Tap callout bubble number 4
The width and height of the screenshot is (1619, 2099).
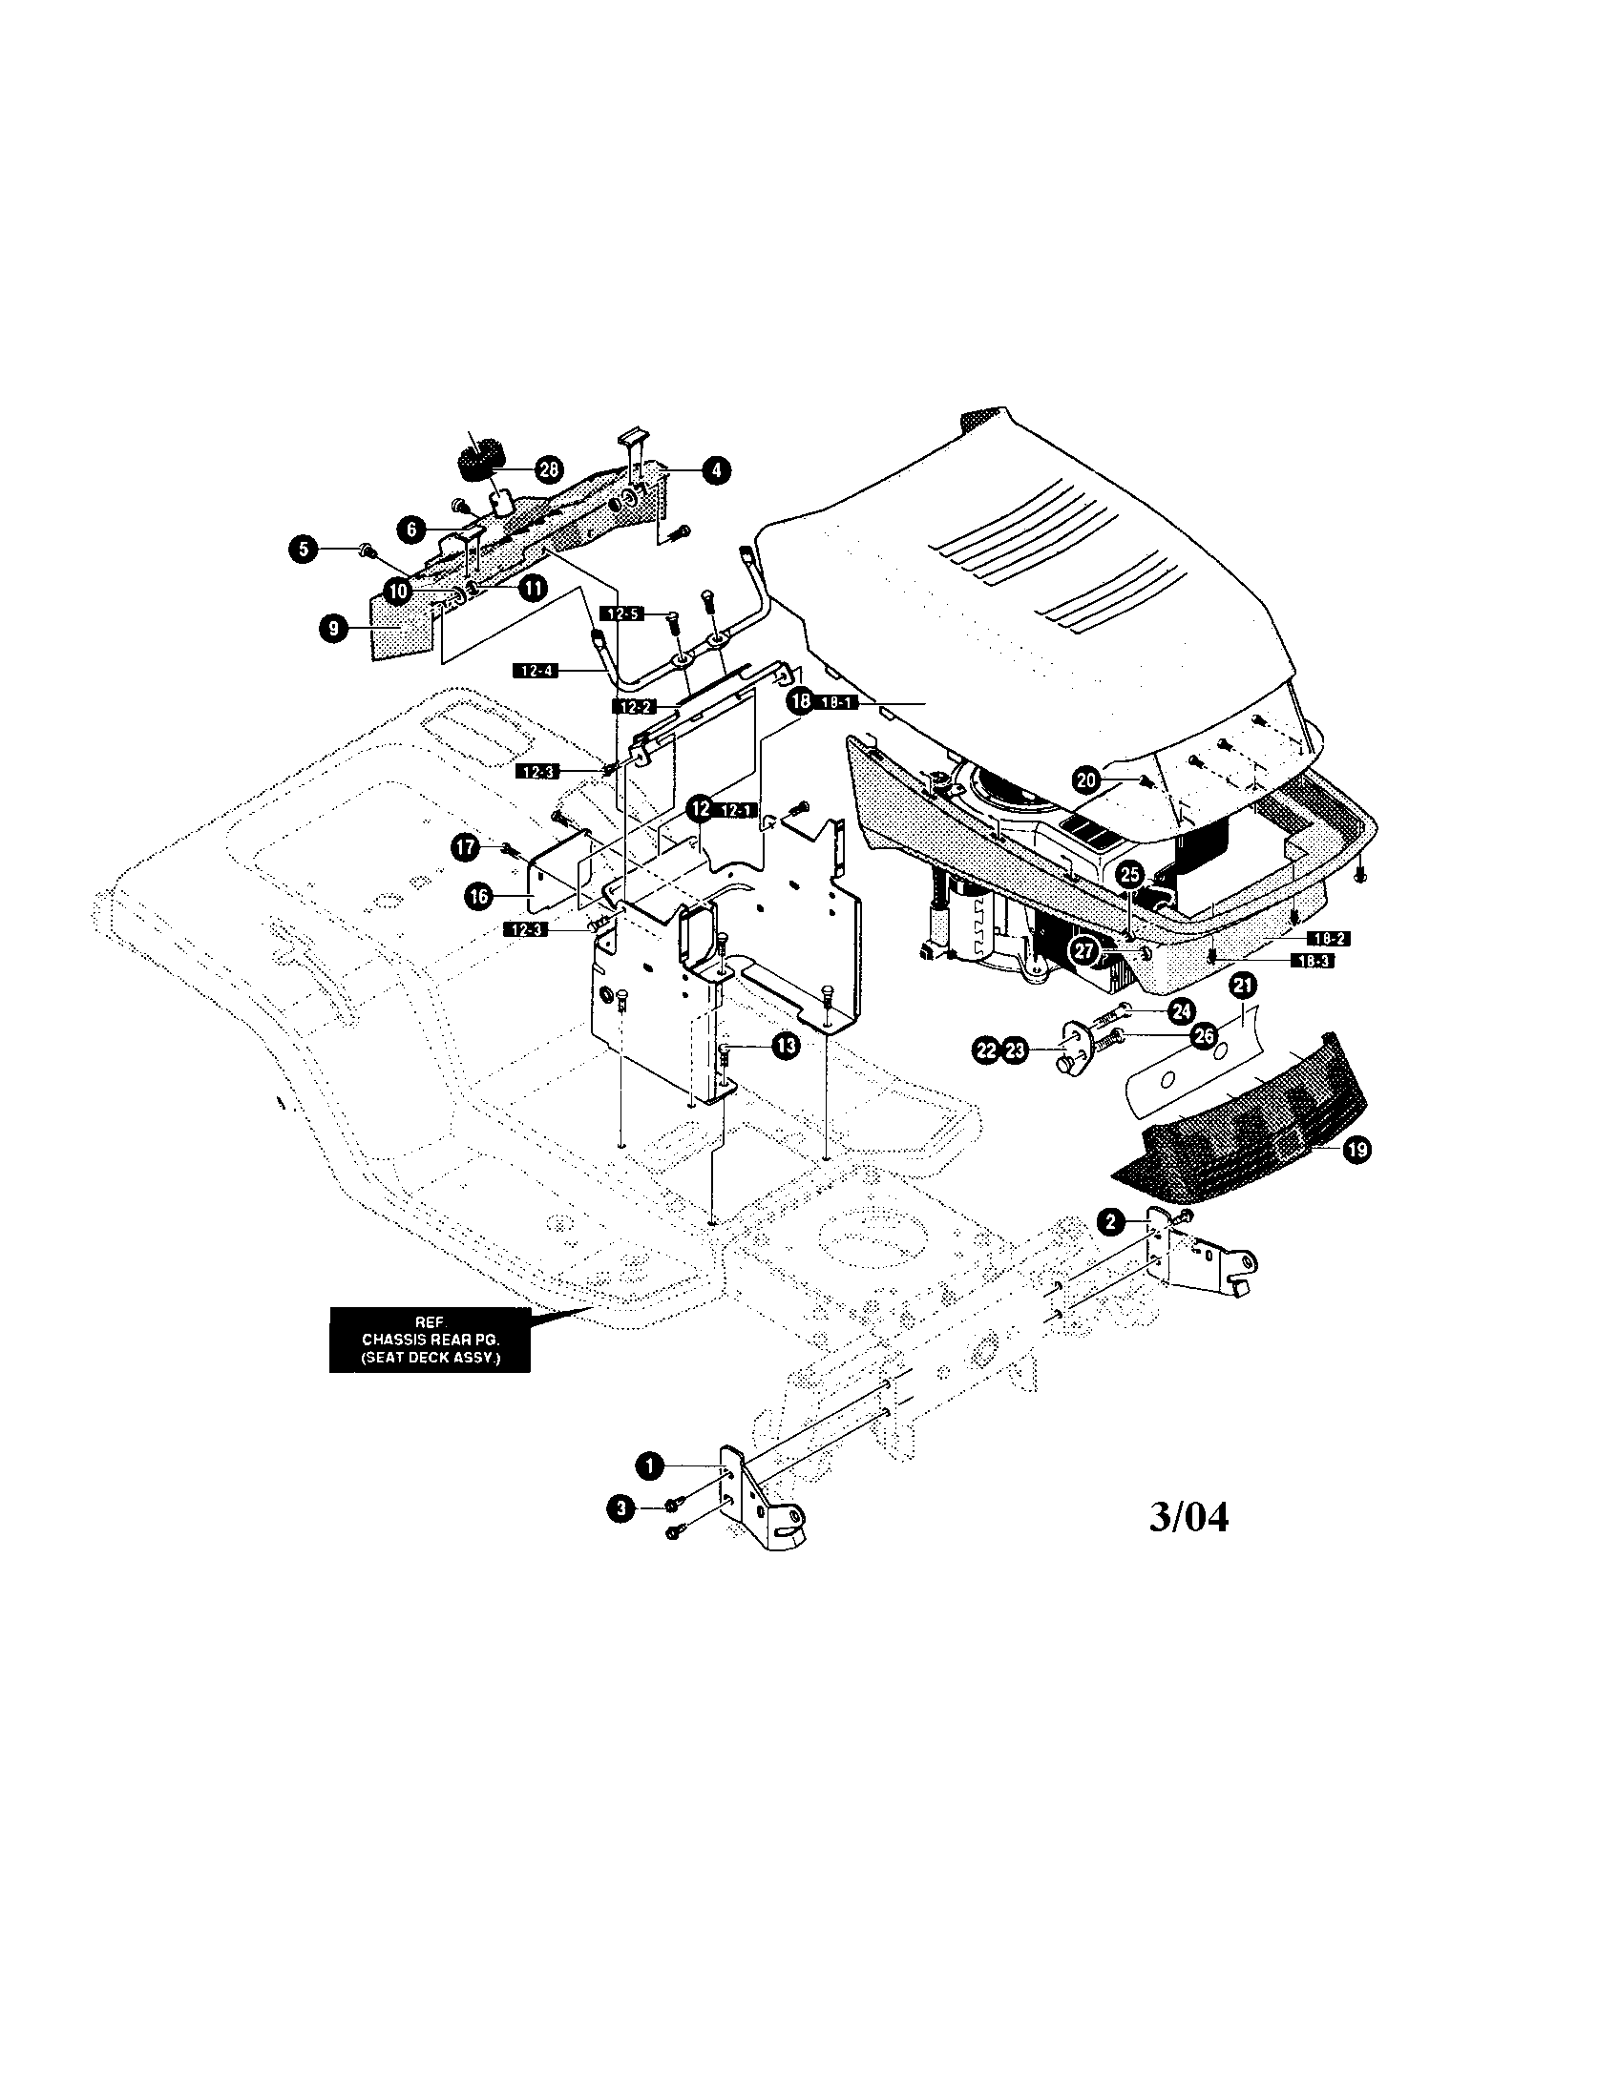click(714, 470)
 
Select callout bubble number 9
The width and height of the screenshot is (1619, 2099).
click(332, 630)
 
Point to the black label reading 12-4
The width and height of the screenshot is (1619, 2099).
click(536, 671)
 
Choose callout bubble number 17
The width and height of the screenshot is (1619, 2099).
click(465, 846)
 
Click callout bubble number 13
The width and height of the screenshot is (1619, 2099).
click(786, 1047)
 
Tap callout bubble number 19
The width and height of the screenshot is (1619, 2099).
click(1357, 1151)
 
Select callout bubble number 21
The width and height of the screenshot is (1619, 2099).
click(1244, 986)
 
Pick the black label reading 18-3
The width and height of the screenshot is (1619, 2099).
click(1312, 960)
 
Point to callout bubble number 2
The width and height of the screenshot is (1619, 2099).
click(1111, 1222)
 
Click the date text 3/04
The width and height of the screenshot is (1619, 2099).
click(1188, 1517)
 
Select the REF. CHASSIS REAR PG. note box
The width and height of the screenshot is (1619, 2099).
click(430, 1340)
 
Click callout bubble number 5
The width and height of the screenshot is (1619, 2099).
click(304, 549)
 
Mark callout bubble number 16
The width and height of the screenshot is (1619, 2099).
click(478, 896)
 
